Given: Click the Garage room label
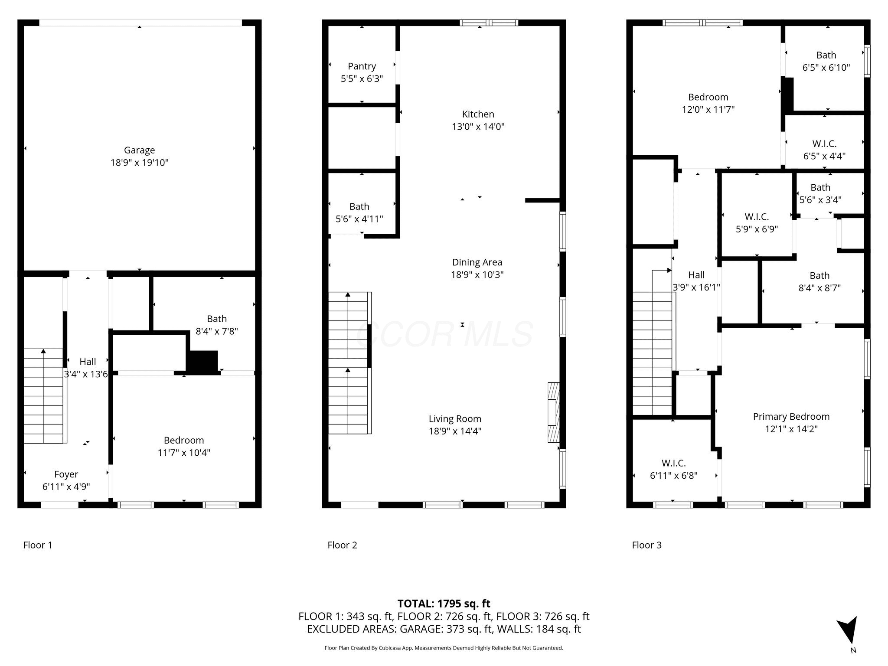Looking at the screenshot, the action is (139, 150).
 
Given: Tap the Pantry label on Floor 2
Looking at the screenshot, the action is (362, 66).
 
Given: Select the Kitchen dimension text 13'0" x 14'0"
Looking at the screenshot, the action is (478, 127).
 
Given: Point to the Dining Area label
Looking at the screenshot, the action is (477, 262).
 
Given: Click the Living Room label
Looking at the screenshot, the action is (455, 419).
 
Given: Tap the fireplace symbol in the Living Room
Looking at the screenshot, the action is (554, 412).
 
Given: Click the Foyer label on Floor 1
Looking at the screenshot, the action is (66, 474).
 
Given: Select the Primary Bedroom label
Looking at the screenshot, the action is (791, 417).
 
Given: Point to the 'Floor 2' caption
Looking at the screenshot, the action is (342, 545).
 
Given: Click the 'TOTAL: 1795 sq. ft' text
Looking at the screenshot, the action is (444, 604).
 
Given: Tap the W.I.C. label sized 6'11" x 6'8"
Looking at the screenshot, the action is (673, 463).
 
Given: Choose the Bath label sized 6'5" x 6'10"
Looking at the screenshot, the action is (826, 55).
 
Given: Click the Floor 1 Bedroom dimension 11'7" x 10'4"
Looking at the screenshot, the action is (184, 453).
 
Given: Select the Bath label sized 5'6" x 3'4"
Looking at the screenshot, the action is (820, 187).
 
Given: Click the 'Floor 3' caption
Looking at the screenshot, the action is (646, 545).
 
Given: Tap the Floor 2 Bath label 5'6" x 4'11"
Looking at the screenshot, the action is (359, 206).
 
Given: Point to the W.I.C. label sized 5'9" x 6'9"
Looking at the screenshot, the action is (757, 216).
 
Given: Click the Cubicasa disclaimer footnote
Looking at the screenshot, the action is (444, 648).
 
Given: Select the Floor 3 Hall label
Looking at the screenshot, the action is (696, 275).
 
